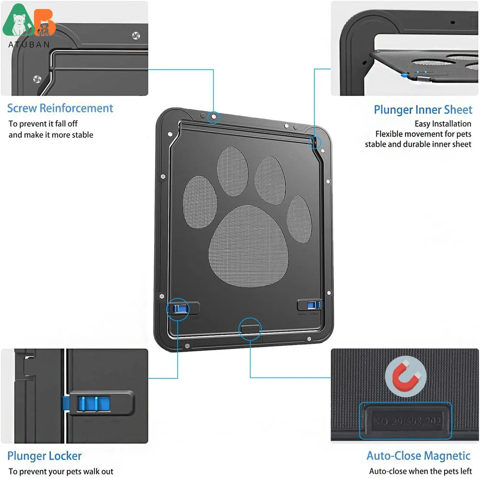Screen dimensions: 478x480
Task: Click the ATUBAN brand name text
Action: click(29, 45)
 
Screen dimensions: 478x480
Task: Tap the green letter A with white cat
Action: click(18, 22)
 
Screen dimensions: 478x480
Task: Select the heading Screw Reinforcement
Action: click(60, 108)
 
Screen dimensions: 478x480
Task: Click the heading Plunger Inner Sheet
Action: click(422, 110)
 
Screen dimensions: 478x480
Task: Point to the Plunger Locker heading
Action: click(44, 456)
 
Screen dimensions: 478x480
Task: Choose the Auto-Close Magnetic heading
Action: click(418, 456)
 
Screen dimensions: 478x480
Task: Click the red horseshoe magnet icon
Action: click(405, 376)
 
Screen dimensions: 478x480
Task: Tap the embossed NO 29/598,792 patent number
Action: click(406, 421)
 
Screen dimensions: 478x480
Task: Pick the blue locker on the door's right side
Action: click(313, 305)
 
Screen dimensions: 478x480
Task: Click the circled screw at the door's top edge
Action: click(214, 117)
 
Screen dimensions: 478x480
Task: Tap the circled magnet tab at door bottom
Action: click(250, 329)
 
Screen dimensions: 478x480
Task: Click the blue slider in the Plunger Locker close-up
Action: click(93, 403)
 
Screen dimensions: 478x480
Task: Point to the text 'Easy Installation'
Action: click(443, 124)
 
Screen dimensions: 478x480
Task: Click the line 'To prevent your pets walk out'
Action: click(61, 471)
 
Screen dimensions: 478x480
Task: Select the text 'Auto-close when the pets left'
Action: click(420, 471)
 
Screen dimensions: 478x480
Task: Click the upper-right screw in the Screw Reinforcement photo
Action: click(136, 35)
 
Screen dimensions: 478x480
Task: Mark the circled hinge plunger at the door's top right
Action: click(314, 142)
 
